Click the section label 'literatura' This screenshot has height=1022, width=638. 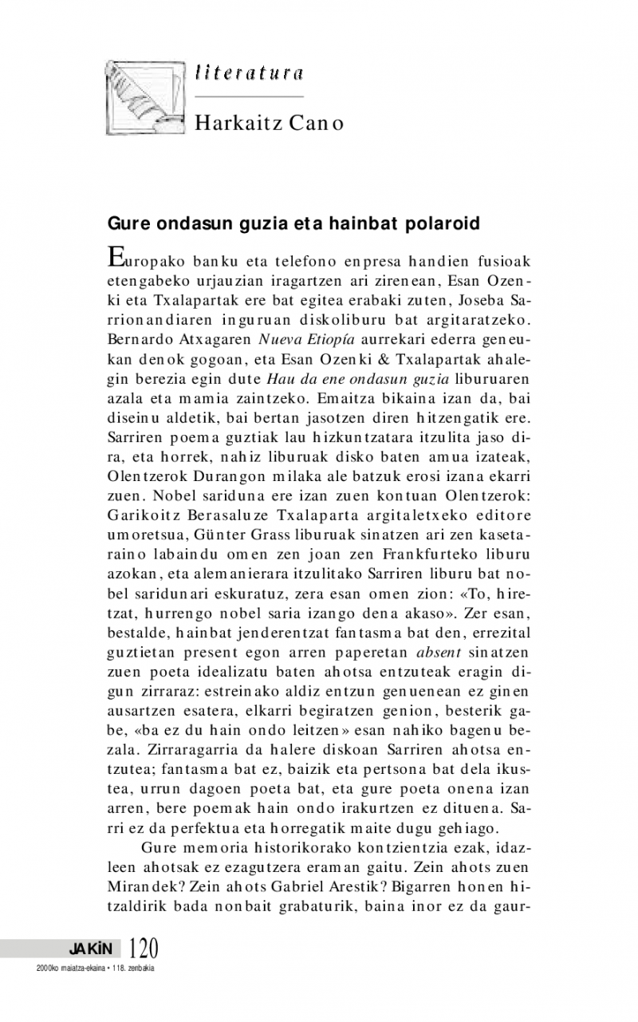tap(248, 73)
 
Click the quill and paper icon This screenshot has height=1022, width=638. tap(144, 95)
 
